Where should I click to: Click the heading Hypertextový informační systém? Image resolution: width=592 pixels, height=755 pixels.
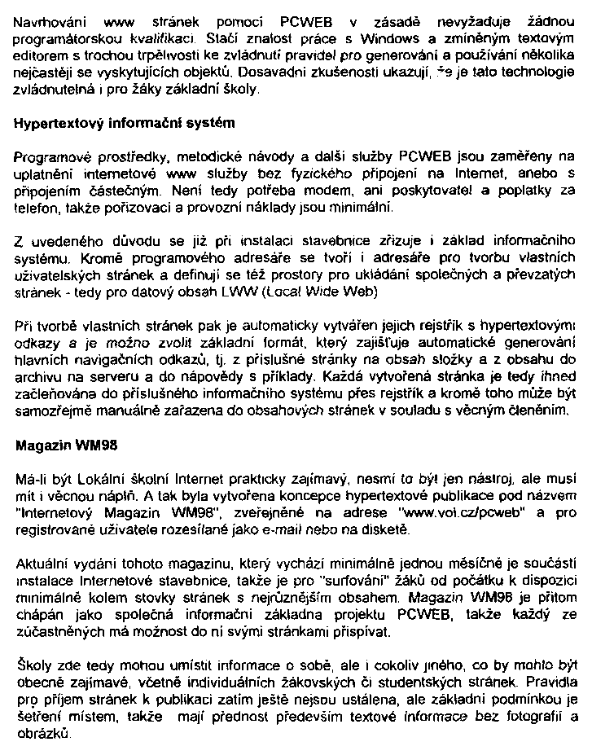coord(125,124)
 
